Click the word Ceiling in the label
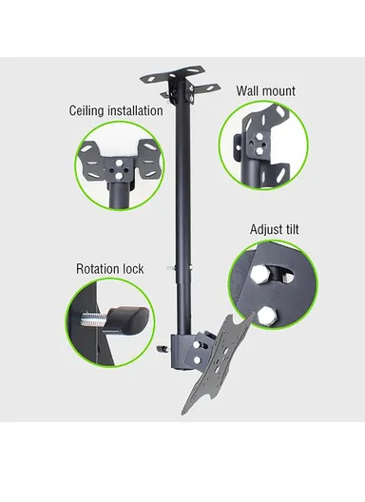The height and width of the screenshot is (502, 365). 89,110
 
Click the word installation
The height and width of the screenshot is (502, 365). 135,110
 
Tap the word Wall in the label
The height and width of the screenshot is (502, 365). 248,91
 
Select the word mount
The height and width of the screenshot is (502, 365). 279,92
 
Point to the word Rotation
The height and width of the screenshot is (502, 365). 99,269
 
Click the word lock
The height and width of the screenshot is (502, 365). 133,269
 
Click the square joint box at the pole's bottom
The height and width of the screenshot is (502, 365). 182,348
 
